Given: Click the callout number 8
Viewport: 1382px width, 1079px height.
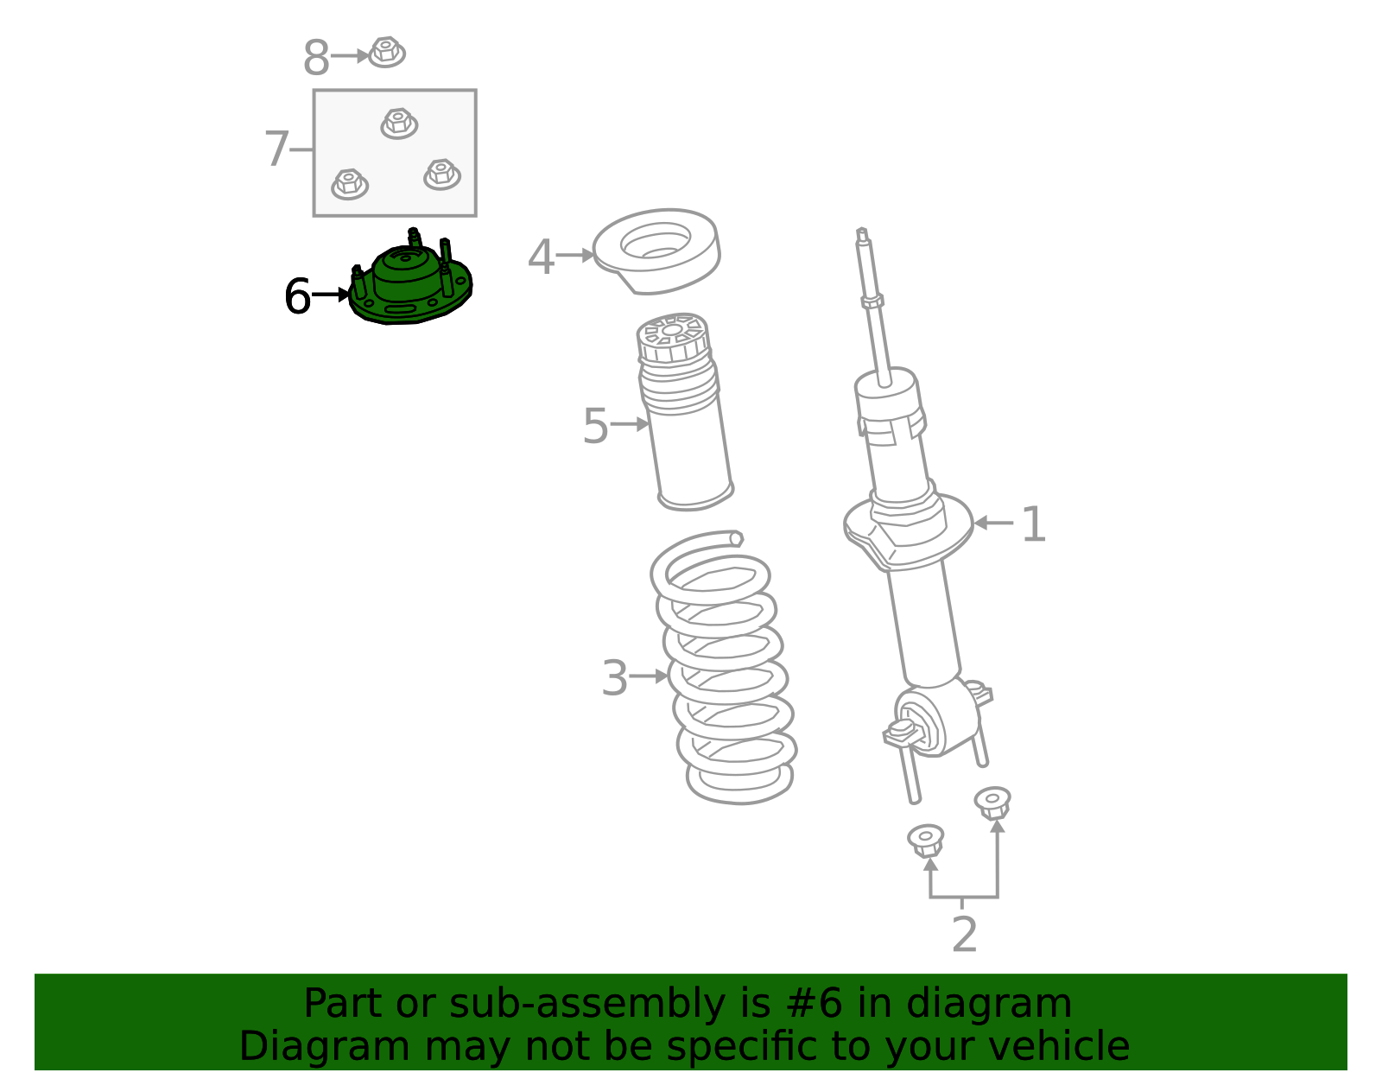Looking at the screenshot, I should coord(316,59).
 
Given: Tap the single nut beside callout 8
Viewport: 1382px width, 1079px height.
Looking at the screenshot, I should coord(386,52).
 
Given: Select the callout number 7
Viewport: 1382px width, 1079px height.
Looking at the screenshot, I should coord(276,149).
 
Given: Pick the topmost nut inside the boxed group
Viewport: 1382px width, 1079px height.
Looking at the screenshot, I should coord(399,123).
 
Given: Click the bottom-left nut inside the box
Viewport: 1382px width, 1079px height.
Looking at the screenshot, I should coord(350,183).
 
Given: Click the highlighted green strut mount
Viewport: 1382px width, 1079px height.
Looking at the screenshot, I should coord(410,285).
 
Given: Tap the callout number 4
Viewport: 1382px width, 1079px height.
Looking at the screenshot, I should coord(541,257).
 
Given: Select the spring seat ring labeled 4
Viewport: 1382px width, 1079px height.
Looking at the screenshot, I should coord(656,250).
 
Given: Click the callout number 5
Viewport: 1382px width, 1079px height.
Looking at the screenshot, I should coord(595,426).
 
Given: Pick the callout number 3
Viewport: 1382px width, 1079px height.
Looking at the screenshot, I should coord(614,678).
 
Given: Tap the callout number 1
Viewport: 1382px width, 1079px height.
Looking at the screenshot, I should coord(1033,524).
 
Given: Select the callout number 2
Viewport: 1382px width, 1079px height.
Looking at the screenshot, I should coord(964,935).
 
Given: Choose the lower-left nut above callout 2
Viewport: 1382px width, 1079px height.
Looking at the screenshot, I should coord(926,840).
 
